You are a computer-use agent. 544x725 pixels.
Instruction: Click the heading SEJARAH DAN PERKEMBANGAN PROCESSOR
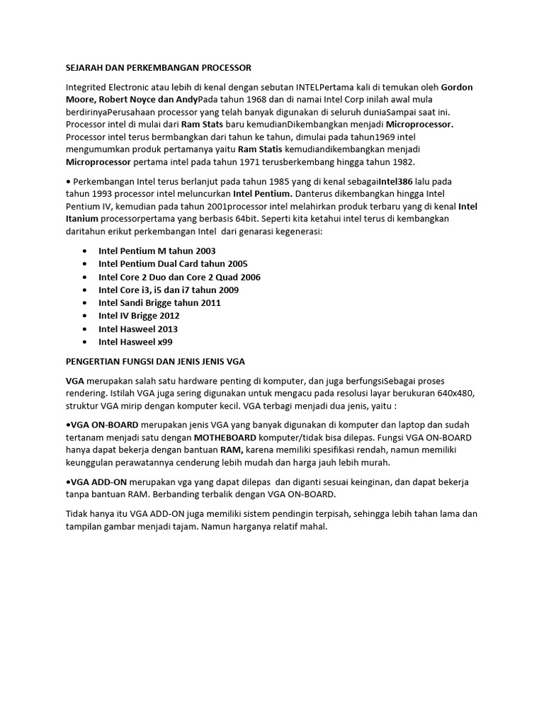pos(158,68)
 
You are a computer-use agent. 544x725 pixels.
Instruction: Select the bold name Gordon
pos(457,87)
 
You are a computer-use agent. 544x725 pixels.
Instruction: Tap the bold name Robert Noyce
pos(130,99)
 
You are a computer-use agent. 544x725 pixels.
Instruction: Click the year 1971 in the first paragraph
pos(268,162)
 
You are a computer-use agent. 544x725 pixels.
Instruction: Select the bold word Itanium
pos(81,219)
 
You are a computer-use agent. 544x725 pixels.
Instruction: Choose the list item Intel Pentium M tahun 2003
pos(157,251)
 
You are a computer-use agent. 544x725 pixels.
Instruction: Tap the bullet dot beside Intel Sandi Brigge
pos(85,302)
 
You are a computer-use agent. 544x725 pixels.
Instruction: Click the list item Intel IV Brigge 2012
pos(139,316)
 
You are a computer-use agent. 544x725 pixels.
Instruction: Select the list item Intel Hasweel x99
pos(135,341)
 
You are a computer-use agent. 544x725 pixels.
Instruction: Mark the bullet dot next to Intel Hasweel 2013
pos(85,329)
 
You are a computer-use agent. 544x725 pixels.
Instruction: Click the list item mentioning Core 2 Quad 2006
pos(179,277)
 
